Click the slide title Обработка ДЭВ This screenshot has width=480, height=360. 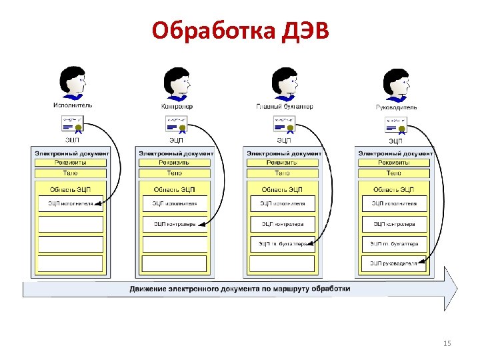point(240,30)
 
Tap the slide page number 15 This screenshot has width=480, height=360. point(447,343)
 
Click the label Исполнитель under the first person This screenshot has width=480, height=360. point(73,105)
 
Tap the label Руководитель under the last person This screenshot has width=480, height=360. point(397,106)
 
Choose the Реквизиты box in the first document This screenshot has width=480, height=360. point(69,162)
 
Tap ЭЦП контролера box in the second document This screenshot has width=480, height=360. point(174,224)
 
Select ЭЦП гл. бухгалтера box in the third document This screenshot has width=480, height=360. point(283,244)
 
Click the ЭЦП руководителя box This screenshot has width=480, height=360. point(395,263)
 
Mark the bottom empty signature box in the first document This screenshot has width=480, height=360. point(69,263)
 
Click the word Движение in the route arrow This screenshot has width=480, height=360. point(150,289)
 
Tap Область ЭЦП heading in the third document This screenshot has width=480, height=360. point(283,189)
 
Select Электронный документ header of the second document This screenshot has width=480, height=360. point(176,153)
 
